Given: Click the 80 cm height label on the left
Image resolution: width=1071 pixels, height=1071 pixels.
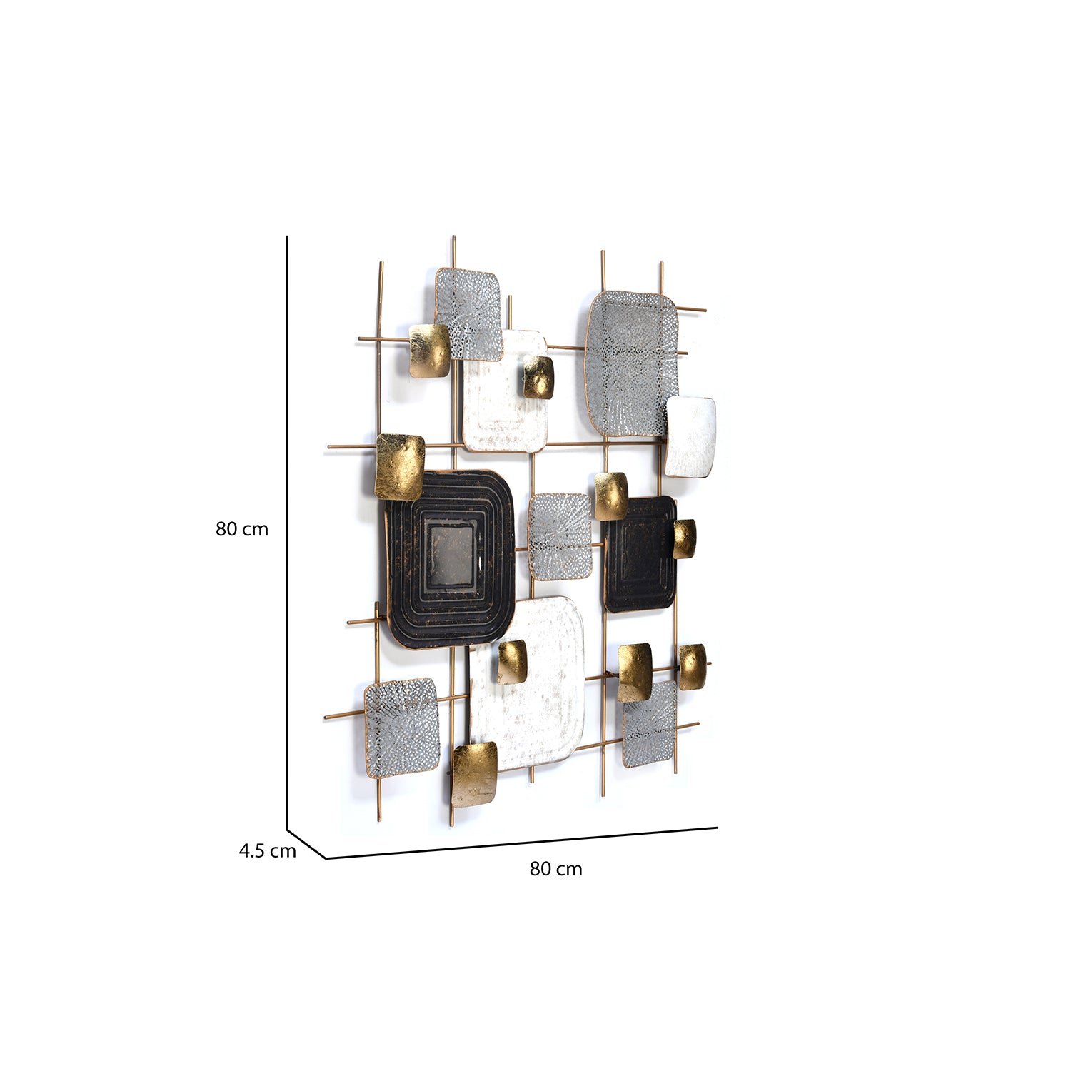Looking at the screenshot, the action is (242, 529).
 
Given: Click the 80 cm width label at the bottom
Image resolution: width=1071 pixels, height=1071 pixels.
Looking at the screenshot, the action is (556, 869).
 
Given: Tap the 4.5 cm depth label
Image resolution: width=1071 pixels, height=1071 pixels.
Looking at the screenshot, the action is (267, 851).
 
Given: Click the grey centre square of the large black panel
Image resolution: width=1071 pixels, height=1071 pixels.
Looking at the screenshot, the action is (451, 556).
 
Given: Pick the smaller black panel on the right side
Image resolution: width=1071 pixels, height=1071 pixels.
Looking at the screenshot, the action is (639, 555).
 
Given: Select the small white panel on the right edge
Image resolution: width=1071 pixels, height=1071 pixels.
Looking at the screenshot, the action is (690, 437).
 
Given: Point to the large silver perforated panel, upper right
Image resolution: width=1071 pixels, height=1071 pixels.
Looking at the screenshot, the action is (630, 363).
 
